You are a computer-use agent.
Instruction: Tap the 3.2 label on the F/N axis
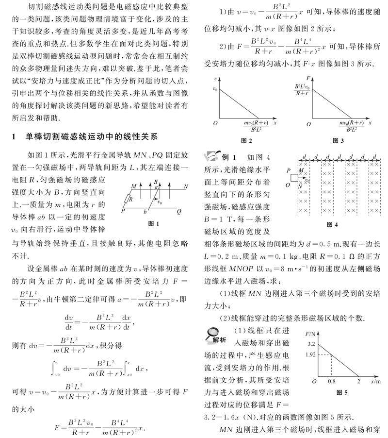click(311, 344)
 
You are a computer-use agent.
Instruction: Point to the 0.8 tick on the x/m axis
click(332, 382)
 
